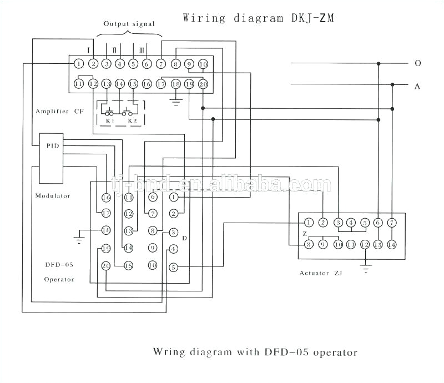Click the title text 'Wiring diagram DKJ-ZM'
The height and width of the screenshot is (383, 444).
259,18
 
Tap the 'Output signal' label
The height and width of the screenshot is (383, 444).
129,24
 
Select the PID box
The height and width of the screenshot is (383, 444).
52,145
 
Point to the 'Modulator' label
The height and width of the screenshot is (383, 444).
53,195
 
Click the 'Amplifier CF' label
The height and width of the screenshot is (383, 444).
59,111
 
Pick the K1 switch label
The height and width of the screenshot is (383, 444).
109,120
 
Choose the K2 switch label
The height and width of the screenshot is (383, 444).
132,120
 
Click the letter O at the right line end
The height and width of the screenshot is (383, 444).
417,63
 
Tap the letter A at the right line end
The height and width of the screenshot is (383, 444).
417,86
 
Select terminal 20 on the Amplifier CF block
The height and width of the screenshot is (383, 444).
203,84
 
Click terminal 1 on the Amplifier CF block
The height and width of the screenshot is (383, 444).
79,64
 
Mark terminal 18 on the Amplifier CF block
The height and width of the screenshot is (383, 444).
176,84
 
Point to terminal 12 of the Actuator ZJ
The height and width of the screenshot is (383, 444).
365,244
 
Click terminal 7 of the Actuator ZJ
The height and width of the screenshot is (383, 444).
392,223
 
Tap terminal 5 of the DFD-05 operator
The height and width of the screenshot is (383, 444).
173,268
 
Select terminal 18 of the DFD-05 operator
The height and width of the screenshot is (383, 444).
106,230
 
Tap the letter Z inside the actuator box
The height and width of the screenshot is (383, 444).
305,234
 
